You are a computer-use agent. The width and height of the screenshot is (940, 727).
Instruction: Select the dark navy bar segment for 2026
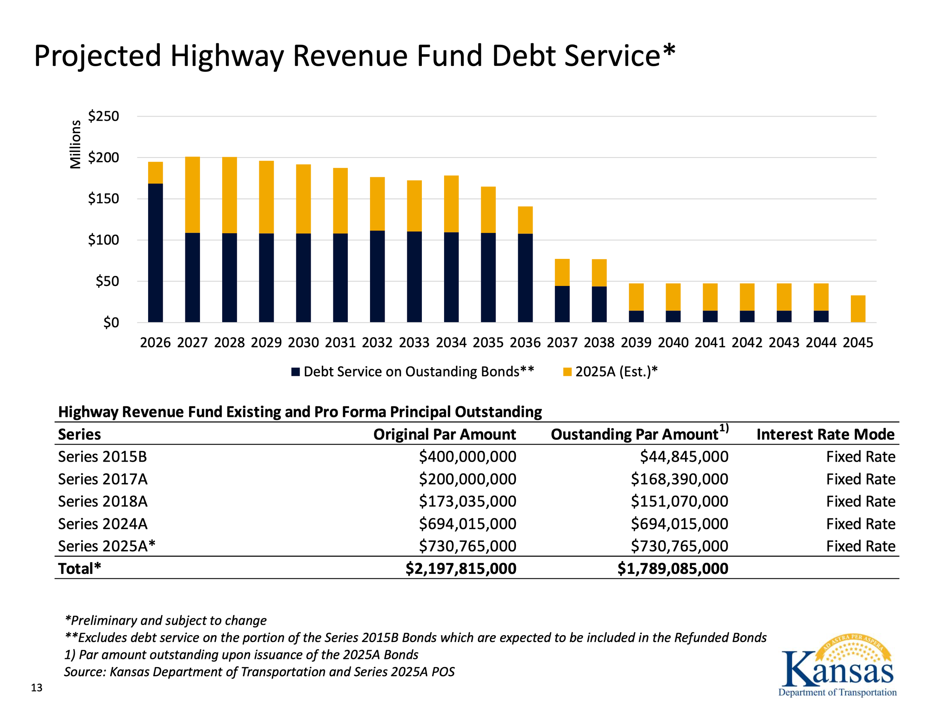pyautogui.click(x=155, y=253)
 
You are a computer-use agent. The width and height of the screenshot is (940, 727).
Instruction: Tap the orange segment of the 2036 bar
pyautogui.click(x=525, y=220)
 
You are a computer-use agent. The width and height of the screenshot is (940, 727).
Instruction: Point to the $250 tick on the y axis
pyautogui.click(x=103, y=116)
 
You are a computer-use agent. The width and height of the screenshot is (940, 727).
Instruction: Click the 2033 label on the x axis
pyautogui.click(x=414, y=343)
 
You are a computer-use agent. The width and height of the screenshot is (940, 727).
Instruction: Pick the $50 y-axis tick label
pyautogui.click(x=107, y=281)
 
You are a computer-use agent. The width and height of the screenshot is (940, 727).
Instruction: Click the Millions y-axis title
pyautogui.click(x=75, y=144)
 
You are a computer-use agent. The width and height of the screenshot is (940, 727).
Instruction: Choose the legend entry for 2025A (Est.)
pyautogui.click(x=610, y=372)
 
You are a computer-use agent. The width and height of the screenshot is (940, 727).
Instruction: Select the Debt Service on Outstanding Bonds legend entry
pyautogui.click(x=413, y=372)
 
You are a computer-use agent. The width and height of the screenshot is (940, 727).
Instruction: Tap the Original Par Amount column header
pyautogui.click(x=444, y=434)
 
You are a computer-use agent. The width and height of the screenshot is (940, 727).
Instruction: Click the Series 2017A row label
pyautogui.click(x=103, y=479)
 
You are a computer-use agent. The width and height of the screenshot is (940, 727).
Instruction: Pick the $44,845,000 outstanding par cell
pyautogui.click(x=684, y=456)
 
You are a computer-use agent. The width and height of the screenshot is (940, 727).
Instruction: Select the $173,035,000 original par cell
pyautogui.click(x=467, y=501)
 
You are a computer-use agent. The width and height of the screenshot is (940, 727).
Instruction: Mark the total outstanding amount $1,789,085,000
pyautogui.click(x=673, y=569)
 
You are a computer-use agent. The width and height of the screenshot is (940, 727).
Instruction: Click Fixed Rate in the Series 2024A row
pyautogui.click(x=860, y=524)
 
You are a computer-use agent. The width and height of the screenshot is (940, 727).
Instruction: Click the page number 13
pyautogui.click(x=36, y=688)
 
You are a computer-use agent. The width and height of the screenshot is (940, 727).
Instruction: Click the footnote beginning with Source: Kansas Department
pyautogui.click(x=259, y=672)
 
